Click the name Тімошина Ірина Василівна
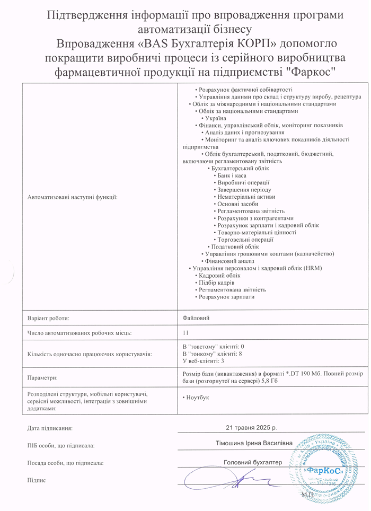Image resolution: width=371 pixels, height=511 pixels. pyautogui.click(x=254, y=443)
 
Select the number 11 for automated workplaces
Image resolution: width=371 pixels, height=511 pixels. pyautogui.click(x=185, y=333)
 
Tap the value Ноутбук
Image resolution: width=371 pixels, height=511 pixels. pyautogui.click(x=196, y=398)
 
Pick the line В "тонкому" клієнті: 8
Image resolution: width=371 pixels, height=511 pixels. pyautogui.click(x=212, y=354)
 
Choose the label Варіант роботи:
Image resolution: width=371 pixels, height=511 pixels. pyautogui.click(x=49, y=318)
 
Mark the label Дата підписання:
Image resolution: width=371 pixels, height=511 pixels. pyautogui.click(x=49, y=427)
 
